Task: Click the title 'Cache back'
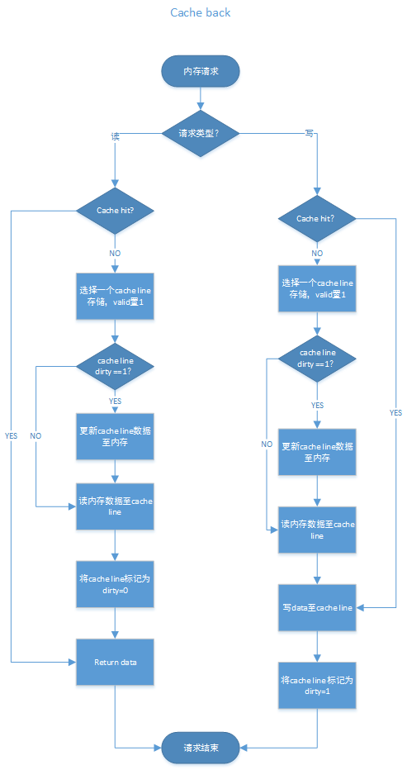click(201, 12)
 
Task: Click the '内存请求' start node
click(201, 72)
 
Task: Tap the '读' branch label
click(116, 135)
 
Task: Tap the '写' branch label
click(309, 133)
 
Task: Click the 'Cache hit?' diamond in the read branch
click(115, 210)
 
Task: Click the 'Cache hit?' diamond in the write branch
click(317, 218)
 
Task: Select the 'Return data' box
click(115, 662)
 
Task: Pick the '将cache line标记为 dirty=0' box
click(115, 585)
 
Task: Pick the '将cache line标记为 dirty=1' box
click(317, 685)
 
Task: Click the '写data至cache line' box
click(317, 607)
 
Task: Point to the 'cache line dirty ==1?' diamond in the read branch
click(115, 366)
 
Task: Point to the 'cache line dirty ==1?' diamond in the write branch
click(317, 359)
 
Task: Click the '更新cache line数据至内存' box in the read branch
click(115, 436)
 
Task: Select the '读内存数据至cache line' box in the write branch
click(317, 530)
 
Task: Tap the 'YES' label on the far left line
click(11, 435)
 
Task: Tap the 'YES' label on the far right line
click(395, 412)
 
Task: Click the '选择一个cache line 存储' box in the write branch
click(317, 289)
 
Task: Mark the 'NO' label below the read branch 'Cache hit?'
click(115, 253)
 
